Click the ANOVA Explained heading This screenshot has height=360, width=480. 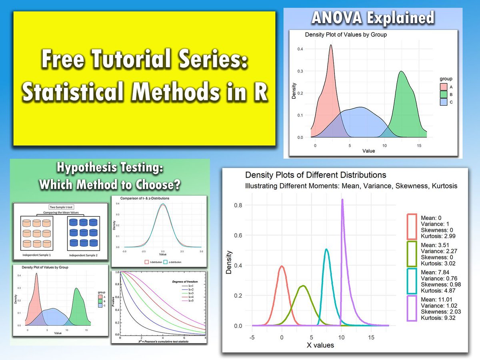click(x=373, y=18)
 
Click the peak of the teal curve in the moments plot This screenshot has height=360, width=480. click(x=327, y=250)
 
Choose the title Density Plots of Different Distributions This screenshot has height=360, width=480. click(x=316, y=175)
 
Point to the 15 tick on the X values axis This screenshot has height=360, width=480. click(x=371, y=337)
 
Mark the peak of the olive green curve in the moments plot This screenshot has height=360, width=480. click(x=303, y=286)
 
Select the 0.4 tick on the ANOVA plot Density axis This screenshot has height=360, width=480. click(x=300, y=49)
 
